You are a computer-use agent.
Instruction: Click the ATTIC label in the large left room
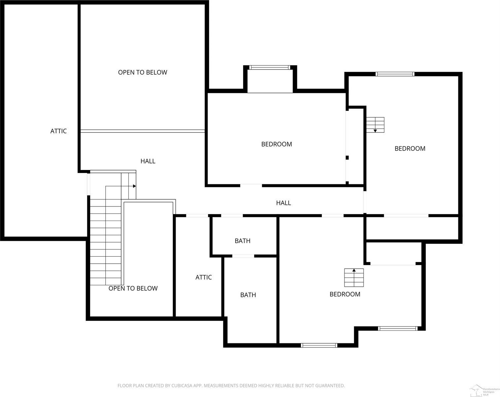pyautogui.click(x=58, y=131)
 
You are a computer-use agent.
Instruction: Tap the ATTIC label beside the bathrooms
pyautogui.click(x=203, y=277)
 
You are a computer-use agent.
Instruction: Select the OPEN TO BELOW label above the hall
pyautogui.click(x=143, y=72)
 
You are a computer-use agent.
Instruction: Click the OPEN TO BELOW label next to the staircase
pyautogui.click(x=133, y=288)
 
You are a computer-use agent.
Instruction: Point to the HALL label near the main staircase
pyautogui.click(x=148, y=161)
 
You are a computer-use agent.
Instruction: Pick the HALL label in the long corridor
pyautogui.click(x=283, y=203)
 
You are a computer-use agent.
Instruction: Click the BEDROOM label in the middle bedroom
pyautogui.click(x=276, y=144)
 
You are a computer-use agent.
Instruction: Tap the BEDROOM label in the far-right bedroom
pyautogui.click(x=410, y=149)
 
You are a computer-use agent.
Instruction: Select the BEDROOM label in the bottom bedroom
pyautogui.click(x=345, y=294)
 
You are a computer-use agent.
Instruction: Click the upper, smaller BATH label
pyautogui.click(x=242, y=241)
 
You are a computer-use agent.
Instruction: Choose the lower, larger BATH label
pyautogui.click(x=248, y=295)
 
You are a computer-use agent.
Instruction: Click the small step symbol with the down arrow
pyautogui.click(x=375, y=125)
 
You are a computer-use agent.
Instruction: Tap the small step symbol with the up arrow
pyautogui.click(x=354, y=278)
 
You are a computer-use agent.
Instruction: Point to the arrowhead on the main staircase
pyautogui.click(x=134, y=186)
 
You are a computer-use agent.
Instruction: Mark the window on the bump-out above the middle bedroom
pyautogui.click(x=270, y=67)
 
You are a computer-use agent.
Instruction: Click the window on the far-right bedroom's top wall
pyautogui.click(x=395, y=74)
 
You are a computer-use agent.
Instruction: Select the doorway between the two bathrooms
pyautogui.click(x=243, y=256)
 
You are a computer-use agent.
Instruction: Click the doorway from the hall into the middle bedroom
pyautogui.click(x=251, y=186)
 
